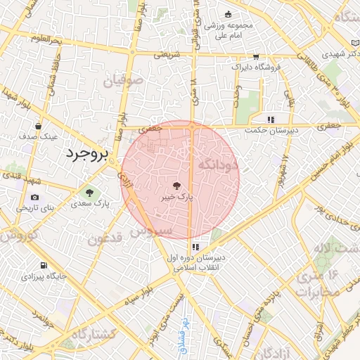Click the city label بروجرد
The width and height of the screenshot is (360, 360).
coord(86,155)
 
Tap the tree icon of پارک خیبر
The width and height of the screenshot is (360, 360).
coord(176,186)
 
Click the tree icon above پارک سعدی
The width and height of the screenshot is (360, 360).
coord(89,191)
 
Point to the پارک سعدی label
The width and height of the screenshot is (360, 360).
coord(91,204)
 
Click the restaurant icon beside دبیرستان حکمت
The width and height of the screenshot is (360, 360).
coord(271,119)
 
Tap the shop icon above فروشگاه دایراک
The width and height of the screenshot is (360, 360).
coord(255,56)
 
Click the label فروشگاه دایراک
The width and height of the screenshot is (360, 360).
coord(256,67)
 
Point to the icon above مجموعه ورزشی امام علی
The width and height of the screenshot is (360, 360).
coord(227,14)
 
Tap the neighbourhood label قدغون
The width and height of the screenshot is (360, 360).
coord(105,238)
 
